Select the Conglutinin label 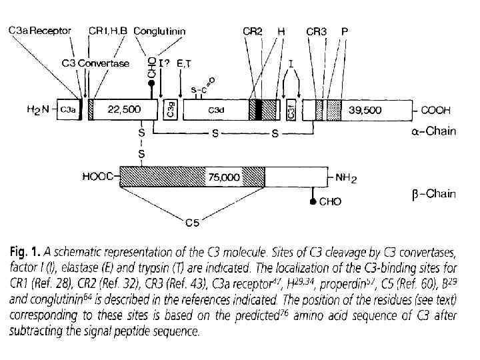click(x=160, y=31)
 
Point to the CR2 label click(x=251, y=31)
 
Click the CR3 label click(x=317, y=31)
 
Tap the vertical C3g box click(x=169, y=110)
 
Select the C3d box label click(x=215, y=110)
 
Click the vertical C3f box click(x=291, y=110)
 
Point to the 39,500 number click(x=366, y=110)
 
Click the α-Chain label click(x=433, y=131)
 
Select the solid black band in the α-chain click(x=259, y=110)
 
